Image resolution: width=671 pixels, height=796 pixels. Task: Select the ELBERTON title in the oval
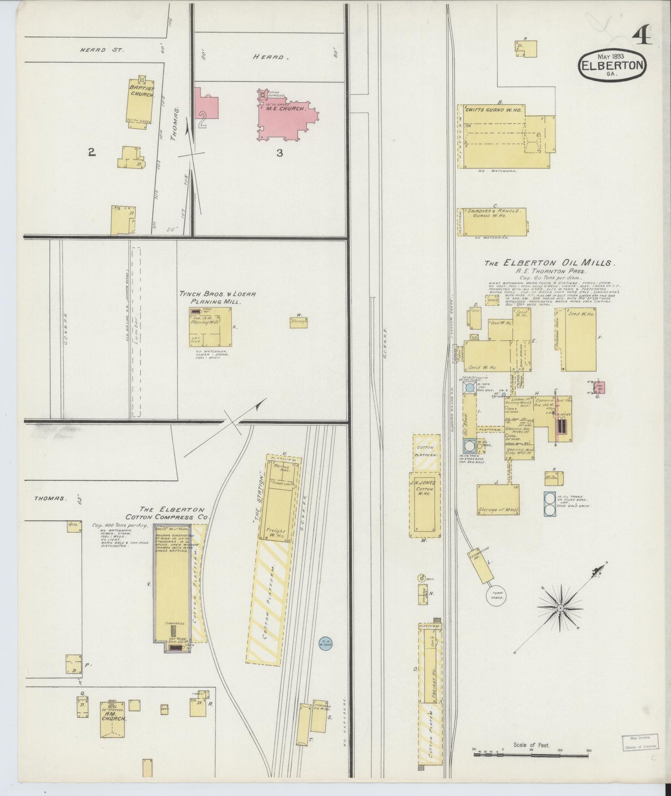pos(612,66)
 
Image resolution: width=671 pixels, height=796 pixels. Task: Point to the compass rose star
pos(560,608)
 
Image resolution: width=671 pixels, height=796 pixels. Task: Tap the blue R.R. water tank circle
pos(326,644)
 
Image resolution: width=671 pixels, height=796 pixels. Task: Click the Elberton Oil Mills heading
pos(550,263)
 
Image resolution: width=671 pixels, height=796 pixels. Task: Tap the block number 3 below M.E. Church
pos(280,152)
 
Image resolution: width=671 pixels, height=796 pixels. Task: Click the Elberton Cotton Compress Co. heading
pos(168,513)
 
